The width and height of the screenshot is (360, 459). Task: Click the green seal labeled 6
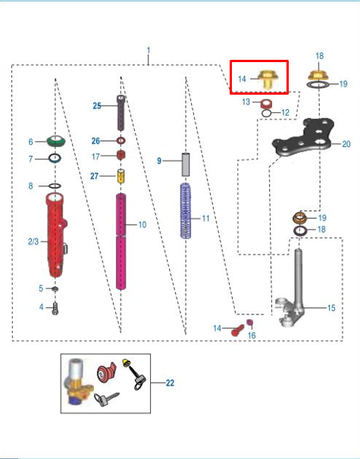point(55,141)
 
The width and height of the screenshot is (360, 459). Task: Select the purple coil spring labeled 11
point(186,211)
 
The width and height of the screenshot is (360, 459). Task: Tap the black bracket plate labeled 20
point(303,136)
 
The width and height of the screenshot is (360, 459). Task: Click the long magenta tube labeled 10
point(121,242)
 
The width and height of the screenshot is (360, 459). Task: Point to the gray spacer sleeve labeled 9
point(186,164)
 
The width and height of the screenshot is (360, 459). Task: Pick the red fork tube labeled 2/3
point(55,235)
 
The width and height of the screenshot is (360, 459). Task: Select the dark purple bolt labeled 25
point(121,113)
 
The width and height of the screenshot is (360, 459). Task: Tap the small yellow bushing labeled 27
point(121,176)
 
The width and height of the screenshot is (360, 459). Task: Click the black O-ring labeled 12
point(266,114)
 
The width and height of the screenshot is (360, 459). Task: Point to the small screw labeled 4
point(55,308)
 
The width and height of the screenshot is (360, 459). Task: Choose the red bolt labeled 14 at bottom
point(237,330)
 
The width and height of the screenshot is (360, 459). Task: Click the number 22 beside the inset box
point(170,383)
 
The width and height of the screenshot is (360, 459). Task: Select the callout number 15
point(331,308)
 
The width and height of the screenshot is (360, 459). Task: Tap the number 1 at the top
point(149,50)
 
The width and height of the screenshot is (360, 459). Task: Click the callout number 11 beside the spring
point(205,218)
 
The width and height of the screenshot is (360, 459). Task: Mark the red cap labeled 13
point(266,103)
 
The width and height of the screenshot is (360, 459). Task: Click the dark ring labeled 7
point(55,158)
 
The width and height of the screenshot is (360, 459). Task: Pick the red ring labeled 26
point(121,141)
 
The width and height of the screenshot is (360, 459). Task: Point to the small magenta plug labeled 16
point(249,323)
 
